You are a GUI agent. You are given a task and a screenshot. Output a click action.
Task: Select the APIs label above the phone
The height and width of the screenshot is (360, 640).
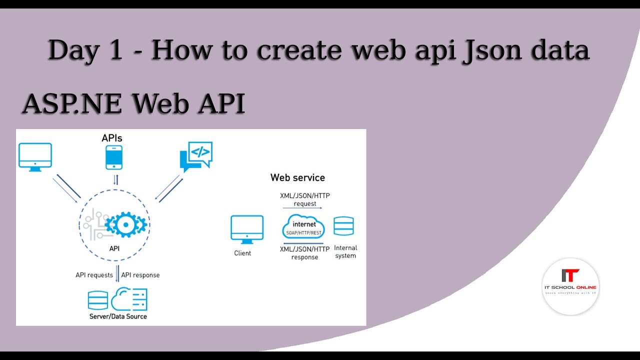112,137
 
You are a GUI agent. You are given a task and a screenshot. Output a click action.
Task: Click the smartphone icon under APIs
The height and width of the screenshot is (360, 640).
113,157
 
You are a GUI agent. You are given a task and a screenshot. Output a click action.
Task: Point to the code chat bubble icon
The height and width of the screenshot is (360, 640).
196,156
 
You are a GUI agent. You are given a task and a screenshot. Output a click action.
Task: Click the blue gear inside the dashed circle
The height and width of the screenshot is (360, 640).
125,225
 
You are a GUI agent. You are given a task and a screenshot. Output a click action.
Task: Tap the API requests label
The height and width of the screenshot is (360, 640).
94,275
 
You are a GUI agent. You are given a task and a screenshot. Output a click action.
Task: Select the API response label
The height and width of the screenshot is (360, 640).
140,275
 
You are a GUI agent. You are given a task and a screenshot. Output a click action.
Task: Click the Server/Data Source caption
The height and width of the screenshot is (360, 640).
118,316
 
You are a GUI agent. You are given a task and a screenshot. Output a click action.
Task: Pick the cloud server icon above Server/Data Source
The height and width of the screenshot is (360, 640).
129,299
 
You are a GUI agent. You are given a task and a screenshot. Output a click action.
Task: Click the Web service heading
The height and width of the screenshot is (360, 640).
297,177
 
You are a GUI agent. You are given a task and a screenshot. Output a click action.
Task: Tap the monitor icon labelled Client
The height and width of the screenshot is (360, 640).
247,229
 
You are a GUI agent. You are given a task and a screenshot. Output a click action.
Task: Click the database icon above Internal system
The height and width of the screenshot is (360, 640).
343,226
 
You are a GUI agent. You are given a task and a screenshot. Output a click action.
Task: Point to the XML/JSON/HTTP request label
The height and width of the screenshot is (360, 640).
304,199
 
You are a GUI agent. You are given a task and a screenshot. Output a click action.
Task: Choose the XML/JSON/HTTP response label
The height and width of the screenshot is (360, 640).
304,253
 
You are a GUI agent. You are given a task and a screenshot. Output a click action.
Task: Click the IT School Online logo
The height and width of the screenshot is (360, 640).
570,286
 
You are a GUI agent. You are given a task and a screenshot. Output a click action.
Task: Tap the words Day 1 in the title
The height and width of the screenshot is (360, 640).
85,50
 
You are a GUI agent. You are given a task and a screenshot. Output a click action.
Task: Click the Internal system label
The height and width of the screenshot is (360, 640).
345,251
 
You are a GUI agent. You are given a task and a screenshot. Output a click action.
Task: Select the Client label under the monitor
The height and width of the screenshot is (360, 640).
242,253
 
